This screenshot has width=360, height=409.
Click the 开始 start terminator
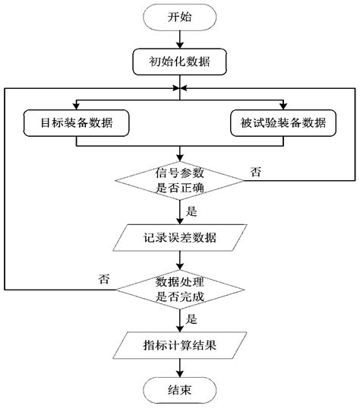[179, 17]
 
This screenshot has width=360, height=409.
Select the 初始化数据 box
[179, 62]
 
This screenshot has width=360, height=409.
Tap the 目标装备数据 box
[75, 123]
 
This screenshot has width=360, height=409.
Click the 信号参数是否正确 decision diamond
[179, 180]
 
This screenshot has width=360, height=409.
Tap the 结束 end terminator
[179, 392]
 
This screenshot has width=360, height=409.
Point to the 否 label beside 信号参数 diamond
[256, 173]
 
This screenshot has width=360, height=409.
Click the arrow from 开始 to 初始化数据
[179, 40]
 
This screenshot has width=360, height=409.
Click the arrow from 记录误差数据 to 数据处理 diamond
[179, 261]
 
